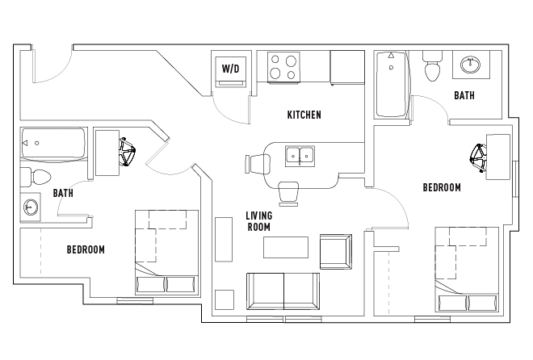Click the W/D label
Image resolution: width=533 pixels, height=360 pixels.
[230, 69]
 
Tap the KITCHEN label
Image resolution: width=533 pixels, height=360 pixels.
[304, 115]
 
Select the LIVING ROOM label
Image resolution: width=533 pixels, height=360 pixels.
[258, 221]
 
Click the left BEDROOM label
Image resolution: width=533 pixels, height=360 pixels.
[86, 249]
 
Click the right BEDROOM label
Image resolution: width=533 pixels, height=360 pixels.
[442, 187]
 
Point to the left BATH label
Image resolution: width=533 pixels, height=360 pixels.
[63, 193]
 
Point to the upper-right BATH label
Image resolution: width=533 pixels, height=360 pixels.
[464, 95]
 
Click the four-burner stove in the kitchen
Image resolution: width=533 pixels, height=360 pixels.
[283, 67]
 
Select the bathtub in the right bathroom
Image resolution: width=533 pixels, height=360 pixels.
[392, 85]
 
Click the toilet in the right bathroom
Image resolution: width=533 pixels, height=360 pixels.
[432, 65]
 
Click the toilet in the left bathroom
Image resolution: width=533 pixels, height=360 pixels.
[36, 176]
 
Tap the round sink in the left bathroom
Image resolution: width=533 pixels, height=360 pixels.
[31, 207]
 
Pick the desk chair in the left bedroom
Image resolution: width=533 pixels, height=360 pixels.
[128, 151]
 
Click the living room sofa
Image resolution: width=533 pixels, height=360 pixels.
[283, 290]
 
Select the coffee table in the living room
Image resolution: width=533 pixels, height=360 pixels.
[286, 246]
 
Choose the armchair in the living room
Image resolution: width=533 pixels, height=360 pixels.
[336, 250]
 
